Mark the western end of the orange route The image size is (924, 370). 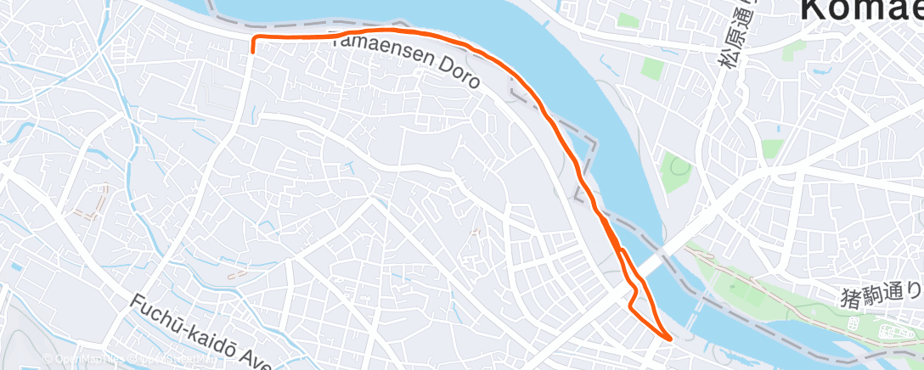tap(253, 50)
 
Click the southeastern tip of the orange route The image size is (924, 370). tap(671, 339)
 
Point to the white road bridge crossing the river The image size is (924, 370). tap(658, 261)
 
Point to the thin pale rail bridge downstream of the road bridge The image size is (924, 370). tap(698, 306)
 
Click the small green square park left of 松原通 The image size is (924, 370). tap(651, 69)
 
